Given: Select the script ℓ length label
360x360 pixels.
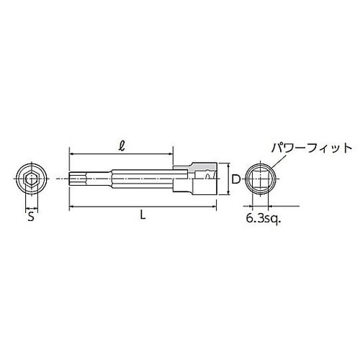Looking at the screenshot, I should (122, 144).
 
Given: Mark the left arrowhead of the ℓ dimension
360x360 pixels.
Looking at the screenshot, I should (72, 153).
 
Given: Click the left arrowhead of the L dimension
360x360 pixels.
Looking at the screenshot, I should (72, 207).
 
